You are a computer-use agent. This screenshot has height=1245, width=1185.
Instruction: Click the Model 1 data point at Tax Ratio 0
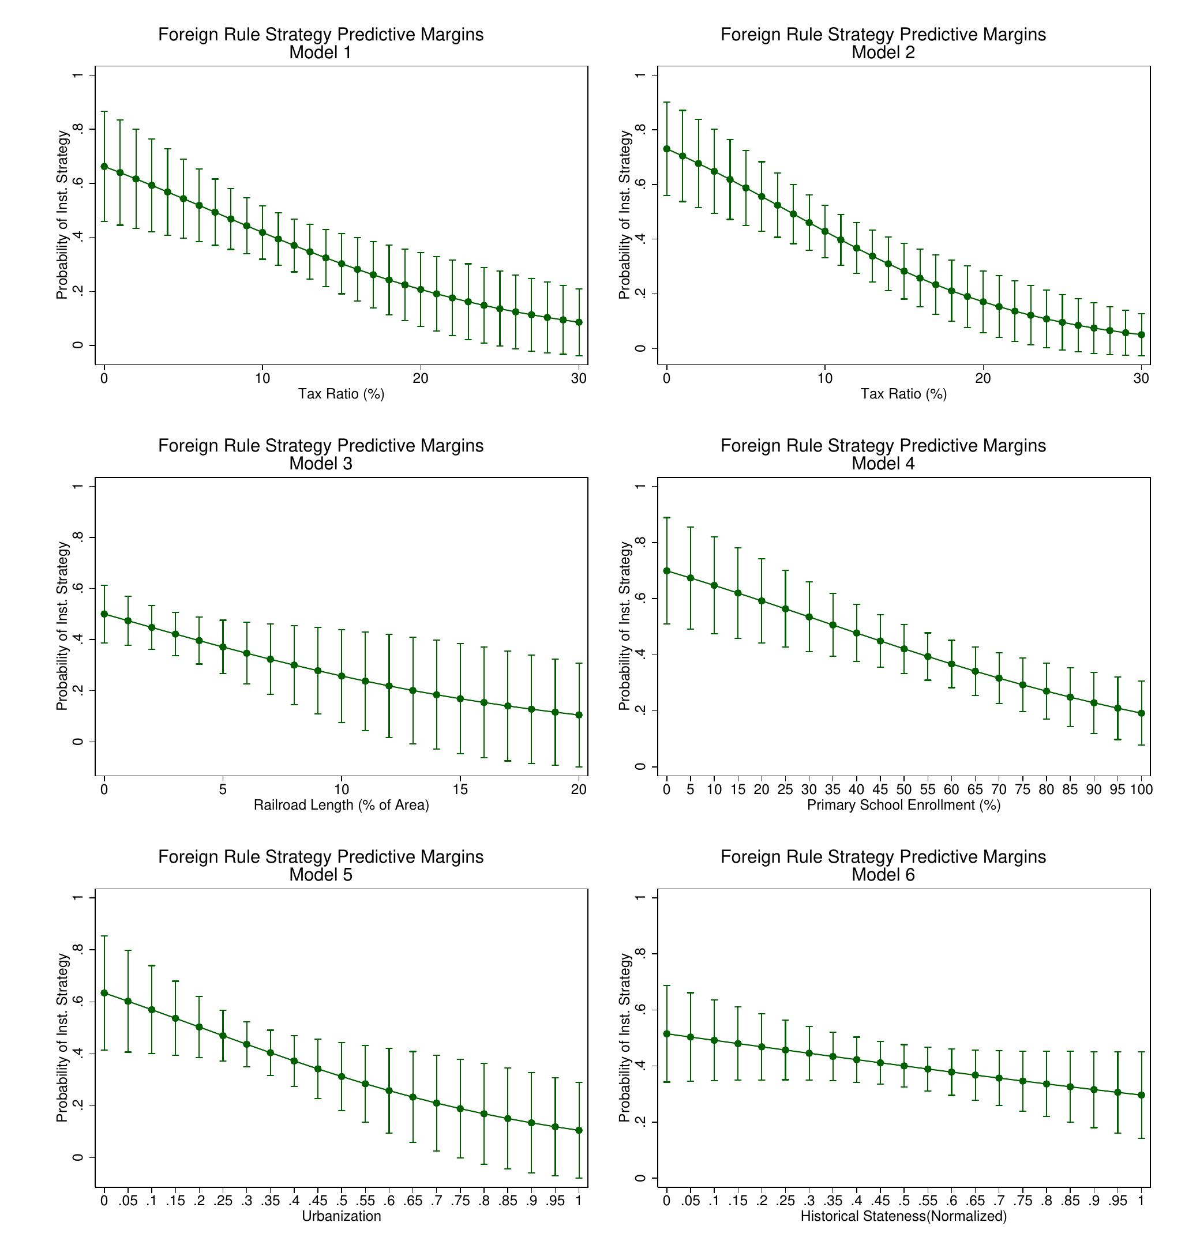[x=104, y=167]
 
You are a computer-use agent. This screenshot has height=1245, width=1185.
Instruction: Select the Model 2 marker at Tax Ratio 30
[x=1141, y=334]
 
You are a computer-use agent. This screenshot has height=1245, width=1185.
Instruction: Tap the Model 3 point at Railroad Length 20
[x=579, y=715]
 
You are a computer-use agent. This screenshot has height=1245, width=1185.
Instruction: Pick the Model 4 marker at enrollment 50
[x=904, y=649]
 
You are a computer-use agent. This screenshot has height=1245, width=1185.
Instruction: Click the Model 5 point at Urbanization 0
[x=104, y=993]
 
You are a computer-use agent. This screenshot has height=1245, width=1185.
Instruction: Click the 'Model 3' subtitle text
[x=320, y=464]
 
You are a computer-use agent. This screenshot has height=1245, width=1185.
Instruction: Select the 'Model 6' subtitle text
[x=883, y=874]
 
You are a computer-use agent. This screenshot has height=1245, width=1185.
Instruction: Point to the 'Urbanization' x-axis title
[x=341, y=1217]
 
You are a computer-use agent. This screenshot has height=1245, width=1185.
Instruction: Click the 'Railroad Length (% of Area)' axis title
[x=341, y=805]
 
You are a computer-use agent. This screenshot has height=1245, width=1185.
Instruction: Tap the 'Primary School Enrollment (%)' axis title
[x=904, y=805]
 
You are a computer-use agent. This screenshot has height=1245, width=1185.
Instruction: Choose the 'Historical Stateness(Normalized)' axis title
[x=904, y=1217]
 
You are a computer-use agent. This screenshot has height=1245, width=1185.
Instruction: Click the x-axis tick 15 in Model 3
[x=460, y=790]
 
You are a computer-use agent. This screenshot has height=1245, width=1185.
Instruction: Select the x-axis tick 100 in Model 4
[x=1141, y=790]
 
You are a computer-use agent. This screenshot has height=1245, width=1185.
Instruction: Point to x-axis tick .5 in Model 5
[x=341, y=1201]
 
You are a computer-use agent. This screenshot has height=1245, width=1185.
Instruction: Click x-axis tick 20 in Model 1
[x=421, y=379]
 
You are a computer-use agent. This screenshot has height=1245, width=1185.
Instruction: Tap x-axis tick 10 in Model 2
[x=824, y=379]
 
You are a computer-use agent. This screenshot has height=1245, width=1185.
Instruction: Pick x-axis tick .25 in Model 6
[x=785, y=1201]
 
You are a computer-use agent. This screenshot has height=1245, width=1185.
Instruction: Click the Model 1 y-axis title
[x=62, y=215]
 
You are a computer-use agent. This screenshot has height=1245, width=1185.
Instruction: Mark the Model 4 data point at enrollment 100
[x=1141, y=713]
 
